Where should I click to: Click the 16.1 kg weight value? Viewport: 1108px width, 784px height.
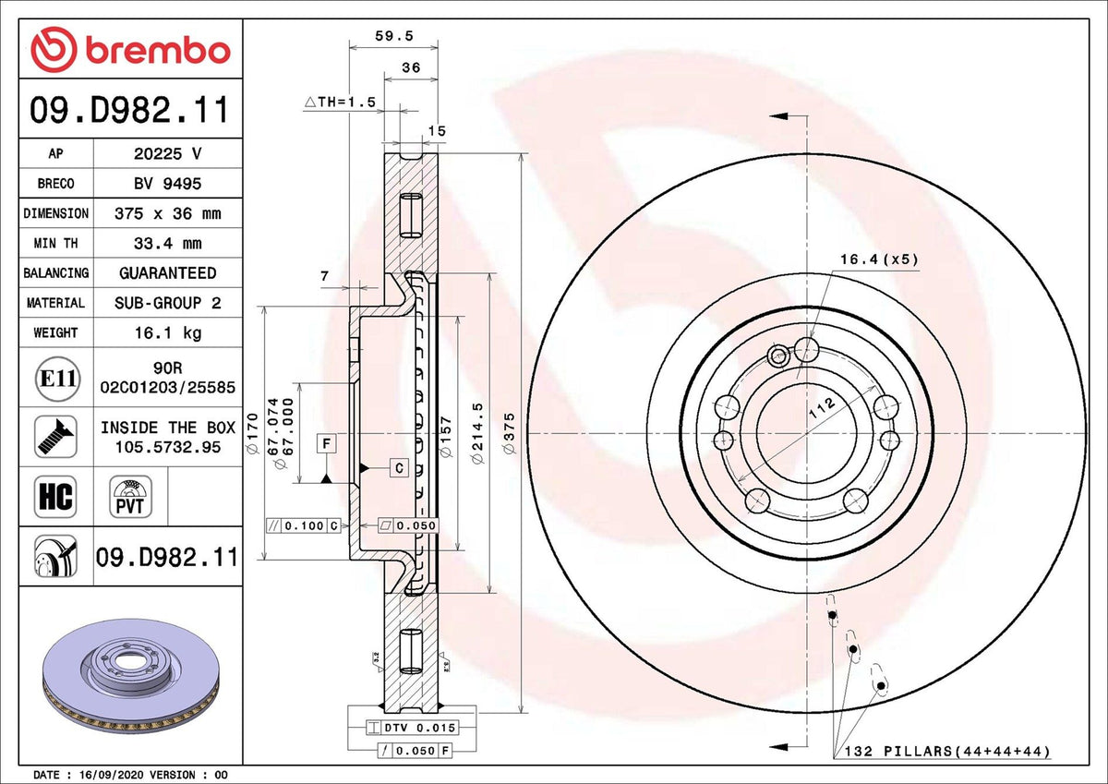click(x=167, y=332)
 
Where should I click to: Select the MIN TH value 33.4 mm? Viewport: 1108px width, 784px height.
click(x=167, y=244)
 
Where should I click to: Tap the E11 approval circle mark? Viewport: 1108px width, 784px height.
click(x=55, y=378)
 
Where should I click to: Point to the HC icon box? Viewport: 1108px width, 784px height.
click(x=54, y=496)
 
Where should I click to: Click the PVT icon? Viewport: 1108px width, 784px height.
click(x=130, y=496)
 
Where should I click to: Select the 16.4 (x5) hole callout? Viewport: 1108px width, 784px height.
click(x=879, y=259)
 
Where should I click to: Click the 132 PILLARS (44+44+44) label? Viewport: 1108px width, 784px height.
click(x=947, y=753)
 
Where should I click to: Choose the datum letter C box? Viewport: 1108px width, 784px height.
click(x=399, y=468)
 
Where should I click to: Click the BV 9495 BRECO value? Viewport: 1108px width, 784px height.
click(x=167, y=184)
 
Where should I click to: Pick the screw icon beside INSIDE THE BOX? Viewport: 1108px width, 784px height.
click(x=55, y=436)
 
